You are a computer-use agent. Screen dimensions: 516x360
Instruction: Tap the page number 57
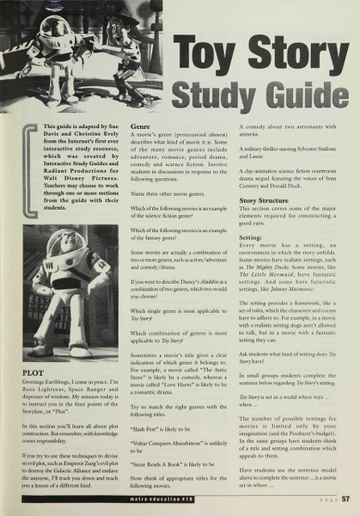(345, 497)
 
